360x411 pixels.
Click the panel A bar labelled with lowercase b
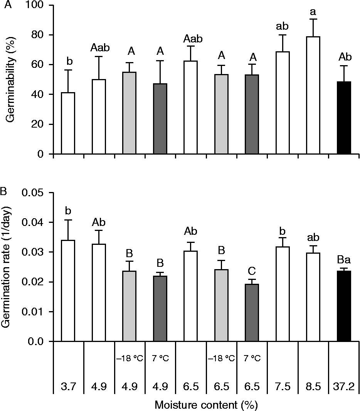[x=68, y=123]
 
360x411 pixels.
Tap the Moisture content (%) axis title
[x=206, y=405]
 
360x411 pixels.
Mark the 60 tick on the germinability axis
[x=40, y=65]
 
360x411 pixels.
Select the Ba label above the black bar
[x=344, y=255]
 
